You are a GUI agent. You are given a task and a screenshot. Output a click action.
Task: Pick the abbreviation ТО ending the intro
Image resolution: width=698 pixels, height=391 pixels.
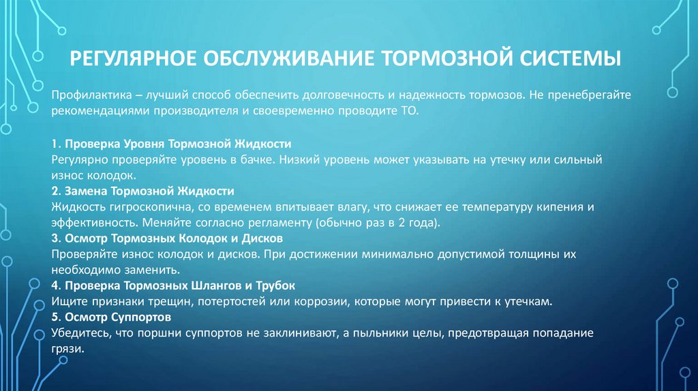pyautogui.click(x=419, y=110)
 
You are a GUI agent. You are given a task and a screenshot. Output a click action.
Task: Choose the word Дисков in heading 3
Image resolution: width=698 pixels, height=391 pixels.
pyautogui.click(x=259, y=238)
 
